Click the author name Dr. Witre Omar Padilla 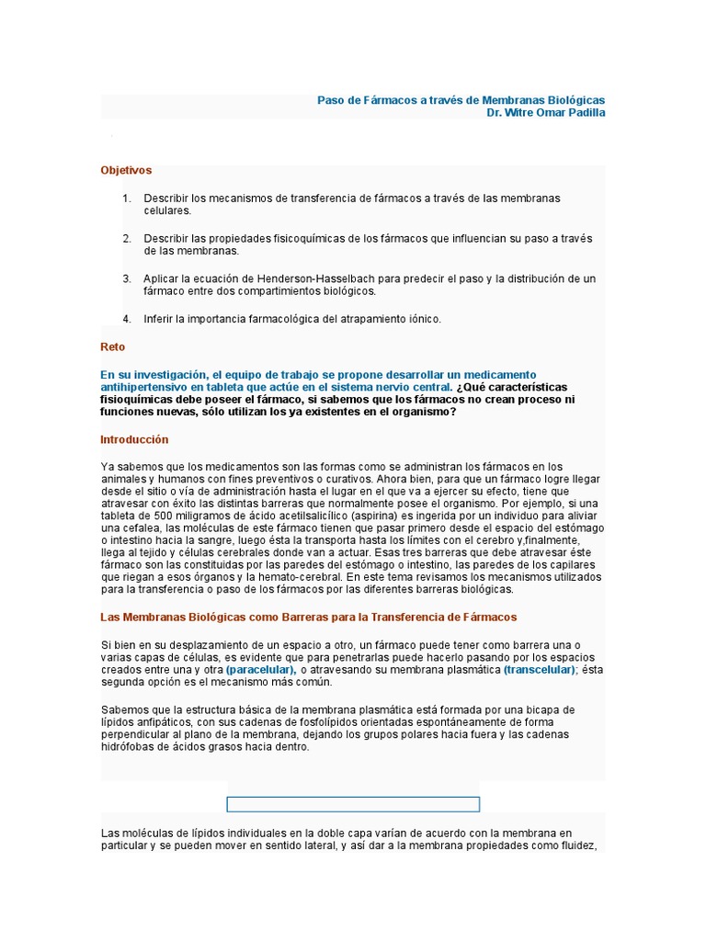pos(546,113)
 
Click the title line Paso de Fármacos pos(461,99)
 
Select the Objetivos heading pos(126,170)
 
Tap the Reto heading pos(112,347)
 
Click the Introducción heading pos(134,439)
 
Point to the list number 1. pos(126,198)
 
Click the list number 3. pos(126,278)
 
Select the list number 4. pos(126,319)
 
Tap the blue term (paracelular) pos(261,671)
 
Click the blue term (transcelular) pos(540,671)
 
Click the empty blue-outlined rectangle pos(353,805)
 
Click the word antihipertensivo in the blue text pos(145,388)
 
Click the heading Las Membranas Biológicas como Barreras pos(308,616)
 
